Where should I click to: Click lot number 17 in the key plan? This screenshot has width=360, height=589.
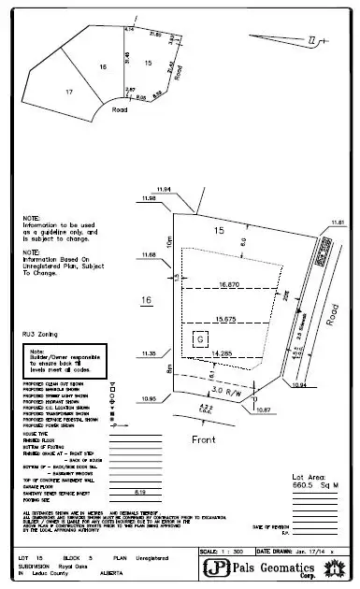pyautogui.click(x=67, y=92)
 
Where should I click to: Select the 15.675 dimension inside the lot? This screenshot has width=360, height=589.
pyautogui.click(x=225, y=319)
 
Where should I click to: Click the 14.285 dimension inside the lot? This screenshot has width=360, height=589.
pyautogui.click(x=223, y=352)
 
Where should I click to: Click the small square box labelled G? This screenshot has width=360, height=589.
pyautogui.click(x=199, y=340)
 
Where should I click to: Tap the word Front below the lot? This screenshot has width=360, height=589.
pyautogui.click(x=204, y=438)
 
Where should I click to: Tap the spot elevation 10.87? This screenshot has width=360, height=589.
pyautogui.click(x=262, y=409)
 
